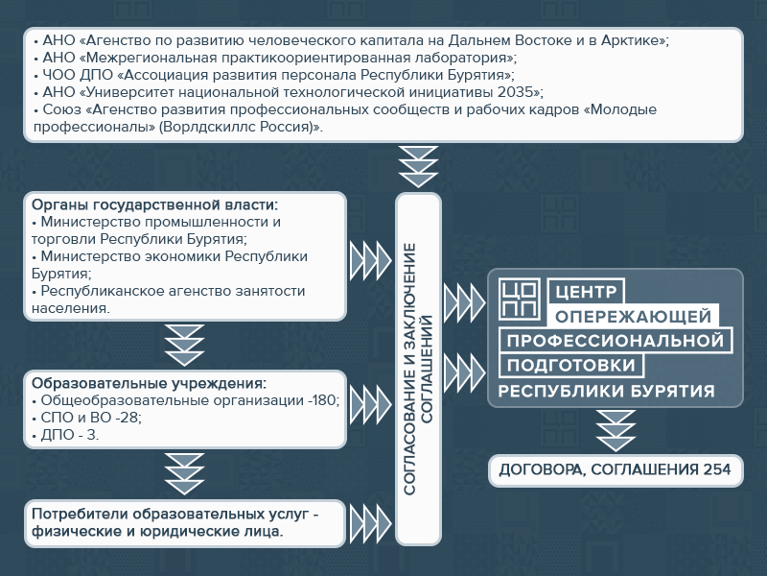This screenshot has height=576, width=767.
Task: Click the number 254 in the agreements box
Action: coord(716,469)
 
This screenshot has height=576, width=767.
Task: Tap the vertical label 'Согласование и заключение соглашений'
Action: coord(418,369)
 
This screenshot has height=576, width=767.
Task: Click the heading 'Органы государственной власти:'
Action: coord(154,204)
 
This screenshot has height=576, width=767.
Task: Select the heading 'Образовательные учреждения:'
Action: coord(150,383)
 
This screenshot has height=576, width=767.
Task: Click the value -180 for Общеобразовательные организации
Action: coord(323,400)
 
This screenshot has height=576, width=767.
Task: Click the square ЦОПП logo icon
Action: coord(520,300)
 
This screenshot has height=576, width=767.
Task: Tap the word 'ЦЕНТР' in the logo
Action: coord(586,292)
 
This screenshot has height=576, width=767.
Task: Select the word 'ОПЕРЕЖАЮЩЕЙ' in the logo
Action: coord(633,317)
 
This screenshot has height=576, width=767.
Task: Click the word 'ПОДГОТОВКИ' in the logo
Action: coord(570,366)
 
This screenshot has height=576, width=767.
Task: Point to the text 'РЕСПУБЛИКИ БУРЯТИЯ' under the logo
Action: coord(607,392)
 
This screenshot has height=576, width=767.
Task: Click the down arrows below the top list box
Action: coord(418,166)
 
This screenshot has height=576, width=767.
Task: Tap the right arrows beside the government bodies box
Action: coord(371,260)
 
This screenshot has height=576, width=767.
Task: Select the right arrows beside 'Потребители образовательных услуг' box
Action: coord(371,523)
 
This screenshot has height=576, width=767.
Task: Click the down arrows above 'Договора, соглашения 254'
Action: coord(616,431)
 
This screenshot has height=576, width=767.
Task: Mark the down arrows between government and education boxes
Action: coord(184,346)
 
